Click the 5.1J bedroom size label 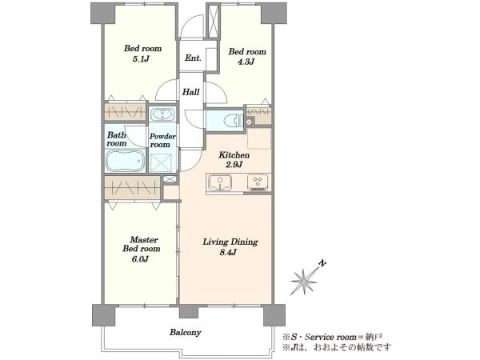click(x=141, y=58)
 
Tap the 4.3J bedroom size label click(x=246, y=62)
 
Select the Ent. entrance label click(x=193, y=58)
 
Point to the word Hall click(x=191, y=92)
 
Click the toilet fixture click(x=234, y=120)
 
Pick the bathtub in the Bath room click(x=126, y=161)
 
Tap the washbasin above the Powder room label click(x=162, y=114)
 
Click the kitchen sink click(x=220, y=182)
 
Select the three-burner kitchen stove click(x=258, y=182)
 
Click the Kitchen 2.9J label click(x=234, y=160)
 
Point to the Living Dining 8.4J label click(x=230, y=247)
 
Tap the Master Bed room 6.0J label click(x=142, y=249)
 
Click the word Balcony click(x=186, y=333)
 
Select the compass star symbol click(x=304, y=281)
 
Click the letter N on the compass click(x=322, y=263)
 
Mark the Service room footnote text click(x=333, y=338)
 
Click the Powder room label click(x=162, y=141)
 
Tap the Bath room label click(x=116, y=139)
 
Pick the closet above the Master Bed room click(x=132, y=187)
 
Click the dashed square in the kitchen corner click(x=259, y=138)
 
